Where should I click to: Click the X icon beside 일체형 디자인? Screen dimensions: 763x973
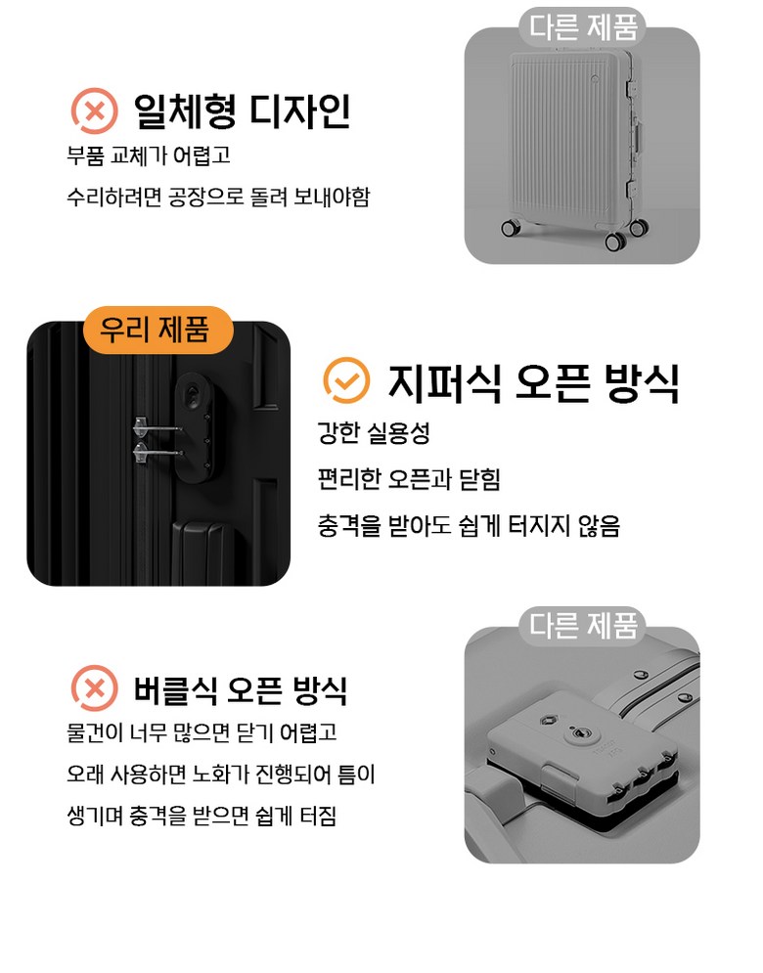[94, 111]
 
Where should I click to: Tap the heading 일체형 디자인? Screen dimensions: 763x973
[243, 111]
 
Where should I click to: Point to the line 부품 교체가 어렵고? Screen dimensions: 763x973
[149, 155]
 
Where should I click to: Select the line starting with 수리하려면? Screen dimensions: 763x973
[218, 197]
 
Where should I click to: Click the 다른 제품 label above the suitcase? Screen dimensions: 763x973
[583, 26]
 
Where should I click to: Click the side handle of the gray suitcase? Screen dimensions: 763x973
[638, 144]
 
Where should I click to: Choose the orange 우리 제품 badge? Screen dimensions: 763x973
[157, 330]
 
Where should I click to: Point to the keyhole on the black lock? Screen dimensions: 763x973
[195, 394]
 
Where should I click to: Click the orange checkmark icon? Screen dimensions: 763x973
[346, 380]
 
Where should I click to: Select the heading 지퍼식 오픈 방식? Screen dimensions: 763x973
[534, 383]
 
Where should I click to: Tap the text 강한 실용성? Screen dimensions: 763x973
[374, 433]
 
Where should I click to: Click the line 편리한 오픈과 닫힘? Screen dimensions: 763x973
[409, 479]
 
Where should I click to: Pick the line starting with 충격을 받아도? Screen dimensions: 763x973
[469, 525]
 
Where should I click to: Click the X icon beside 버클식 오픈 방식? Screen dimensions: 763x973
[94, 688]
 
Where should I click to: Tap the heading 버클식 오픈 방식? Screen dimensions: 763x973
[241, 689]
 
